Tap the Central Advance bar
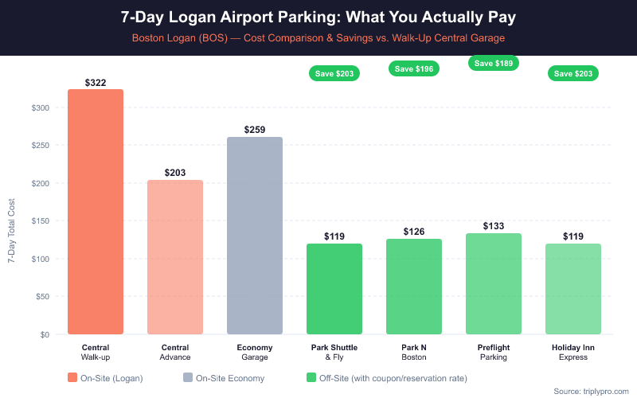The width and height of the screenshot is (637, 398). (175, 257)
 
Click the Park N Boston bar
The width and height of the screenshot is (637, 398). (414, 287)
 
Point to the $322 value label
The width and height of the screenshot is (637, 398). (96, 83)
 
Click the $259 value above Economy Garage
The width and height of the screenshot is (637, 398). (255, 130)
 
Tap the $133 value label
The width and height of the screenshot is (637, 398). (494, 226)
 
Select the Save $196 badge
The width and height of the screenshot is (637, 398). (414, 69)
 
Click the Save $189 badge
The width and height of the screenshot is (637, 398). (494, 63)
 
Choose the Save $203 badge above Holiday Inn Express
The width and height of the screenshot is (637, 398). (573, 73)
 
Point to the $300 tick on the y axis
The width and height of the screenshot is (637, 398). (40, 108)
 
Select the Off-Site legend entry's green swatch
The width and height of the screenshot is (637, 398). (312, 378)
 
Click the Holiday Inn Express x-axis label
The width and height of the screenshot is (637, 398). (573, 353)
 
